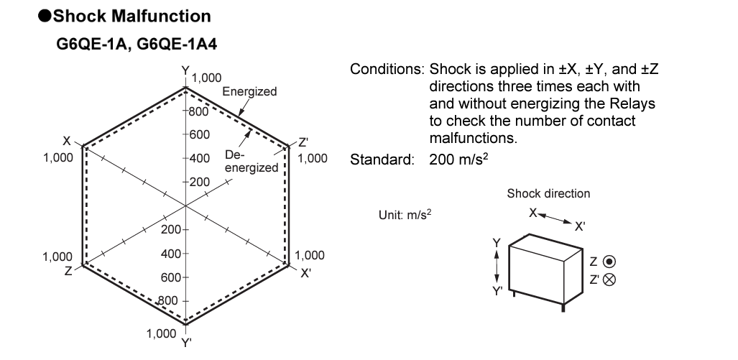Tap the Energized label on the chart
tap(249, 92)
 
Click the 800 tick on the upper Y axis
tap(198, 111)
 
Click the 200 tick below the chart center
tap(170, 230)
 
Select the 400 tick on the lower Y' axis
tap(170, 254)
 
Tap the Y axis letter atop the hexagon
tap(185, 70)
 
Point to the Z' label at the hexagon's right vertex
tap(303, 141)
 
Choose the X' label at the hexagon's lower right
tap(305, 272)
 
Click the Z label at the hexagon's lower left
tap(68, 272)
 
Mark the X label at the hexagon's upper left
tap(67, 141)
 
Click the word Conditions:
tap(387, 70)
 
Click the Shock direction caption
tap(548, 193)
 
